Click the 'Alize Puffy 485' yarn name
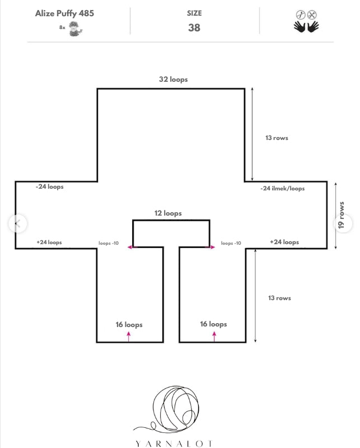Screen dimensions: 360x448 64,13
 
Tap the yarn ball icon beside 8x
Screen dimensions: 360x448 76,29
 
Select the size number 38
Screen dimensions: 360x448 194,27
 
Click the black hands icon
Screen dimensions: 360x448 306,26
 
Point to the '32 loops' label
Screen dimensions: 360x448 174,80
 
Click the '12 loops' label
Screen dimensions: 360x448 168,213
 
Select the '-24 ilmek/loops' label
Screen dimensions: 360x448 283,188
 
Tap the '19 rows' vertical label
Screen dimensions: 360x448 341,215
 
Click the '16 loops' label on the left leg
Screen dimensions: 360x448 129,325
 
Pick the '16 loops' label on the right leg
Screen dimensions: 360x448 213,324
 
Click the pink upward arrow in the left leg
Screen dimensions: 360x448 129,336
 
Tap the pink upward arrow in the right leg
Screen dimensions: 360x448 214,336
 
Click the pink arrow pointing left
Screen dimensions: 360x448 132,247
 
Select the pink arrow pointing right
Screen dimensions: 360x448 210,247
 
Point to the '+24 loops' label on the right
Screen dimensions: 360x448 284,242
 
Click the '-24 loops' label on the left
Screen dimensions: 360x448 50,186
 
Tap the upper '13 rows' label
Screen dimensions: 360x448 277,138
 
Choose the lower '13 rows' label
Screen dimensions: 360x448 280,298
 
